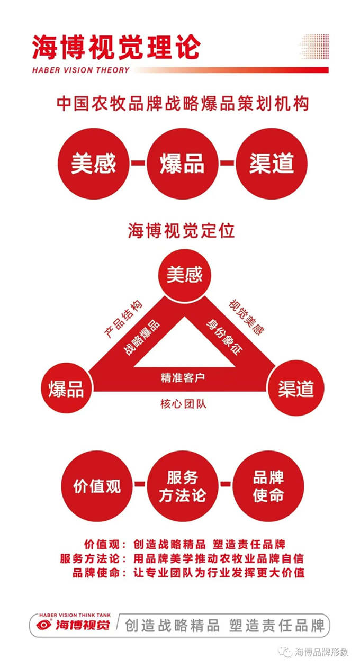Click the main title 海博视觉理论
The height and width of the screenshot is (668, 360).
click(116, 47)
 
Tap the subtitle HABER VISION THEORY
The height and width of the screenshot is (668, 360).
click(80, 70)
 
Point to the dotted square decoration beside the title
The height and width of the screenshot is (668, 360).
click(313, 48)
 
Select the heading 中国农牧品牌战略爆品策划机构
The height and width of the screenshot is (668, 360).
click(183, 103)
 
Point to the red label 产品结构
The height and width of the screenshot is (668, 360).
click(123, 319)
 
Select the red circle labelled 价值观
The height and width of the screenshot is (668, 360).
click(97, 486)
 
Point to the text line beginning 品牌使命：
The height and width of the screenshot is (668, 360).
click(188, 573)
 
